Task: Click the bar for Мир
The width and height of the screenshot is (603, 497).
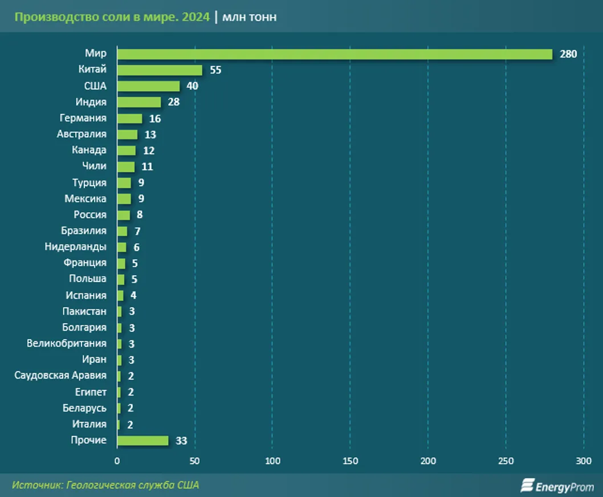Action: [335, 54]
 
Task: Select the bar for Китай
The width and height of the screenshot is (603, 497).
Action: [160, 70]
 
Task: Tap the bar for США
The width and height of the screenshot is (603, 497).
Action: [148, 86]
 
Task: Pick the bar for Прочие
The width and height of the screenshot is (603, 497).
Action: [142, 441]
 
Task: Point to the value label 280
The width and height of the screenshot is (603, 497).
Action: [568, 54]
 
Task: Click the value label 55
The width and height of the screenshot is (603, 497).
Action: [215, 70]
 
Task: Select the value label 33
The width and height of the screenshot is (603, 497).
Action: [181, 441]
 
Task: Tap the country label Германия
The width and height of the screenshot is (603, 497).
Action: [83, 118]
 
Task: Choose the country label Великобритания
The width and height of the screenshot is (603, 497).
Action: [66, 343]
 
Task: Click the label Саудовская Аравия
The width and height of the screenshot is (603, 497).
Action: [60, 375]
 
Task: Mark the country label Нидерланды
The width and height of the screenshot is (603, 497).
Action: [75, 247]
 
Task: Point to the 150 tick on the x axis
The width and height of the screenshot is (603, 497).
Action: [350, 461]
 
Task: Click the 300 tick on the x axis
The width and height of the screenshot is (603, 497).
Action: [584, 461]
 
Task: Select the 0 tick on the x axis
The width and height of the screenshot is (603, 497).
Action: [117, 461]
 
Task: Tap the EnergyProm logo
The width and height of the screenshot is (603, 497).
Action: [557, 486]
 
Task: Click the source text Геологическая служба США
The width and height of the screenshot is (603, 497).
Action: [133, 485]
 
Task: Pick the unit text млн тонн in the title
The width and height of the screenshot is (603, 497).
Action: [250, 17]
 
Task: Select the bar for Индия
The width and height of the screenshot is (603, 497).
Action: [139, 102]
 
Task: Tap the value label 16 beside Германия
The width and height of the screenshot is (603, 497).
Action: [154, 119]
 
